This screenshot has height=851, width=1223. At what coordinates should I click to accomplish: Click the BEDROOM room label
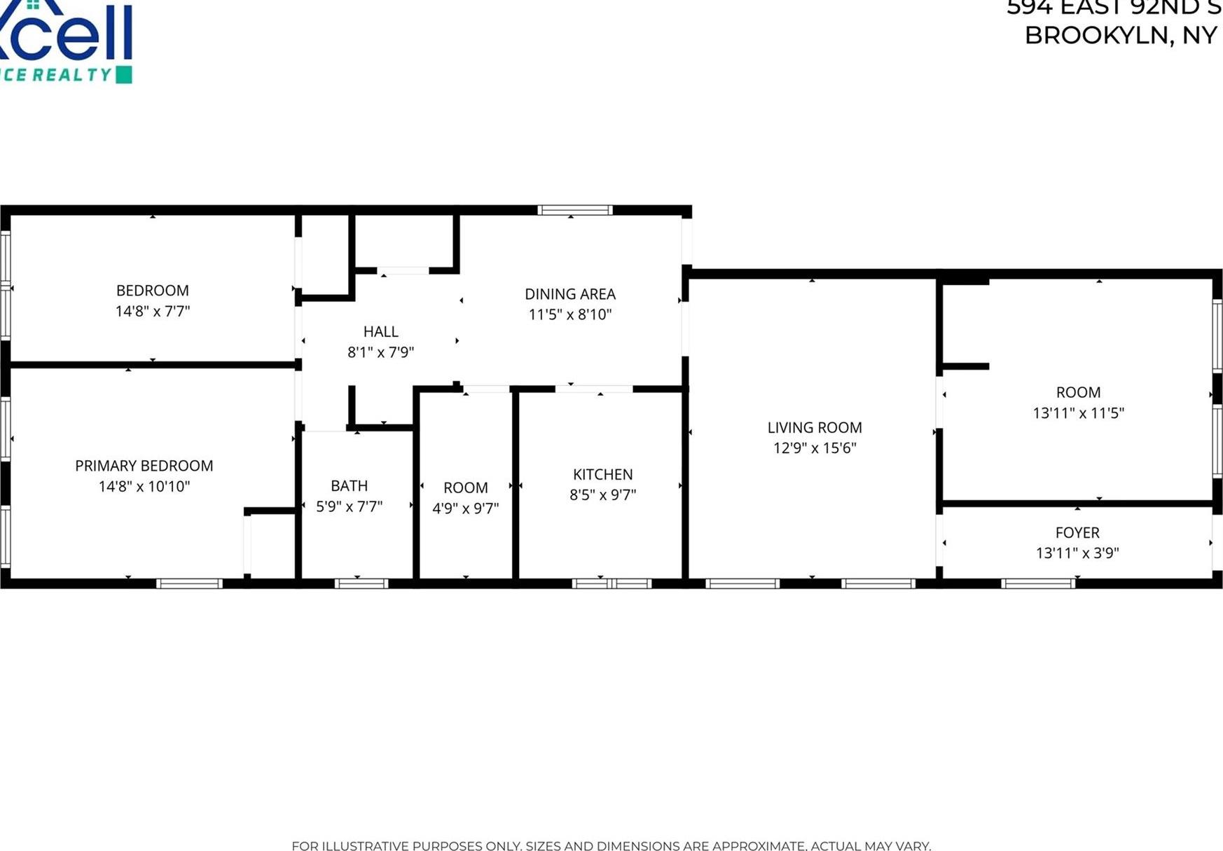pyautogui.click(x=152, y=290)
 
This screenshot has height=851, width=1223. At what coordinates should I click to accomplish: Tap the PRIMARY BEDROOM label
pyautogui.click(x=144, y=466)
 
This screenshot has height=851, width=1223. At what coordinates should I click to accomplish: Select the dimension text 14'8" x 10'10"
pyautogui.click(x=144, y=486)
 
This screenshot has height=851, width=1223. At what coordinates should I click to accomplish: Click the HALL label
pyautogui.click(x=380, y=331)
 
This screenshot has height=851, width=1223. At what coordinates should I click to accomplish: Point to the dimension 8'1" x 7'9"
pyautogui.click(x=380, y=352)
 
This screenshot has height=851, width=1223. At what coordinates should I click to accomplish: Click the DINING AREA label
pyautogui.click(x=569, y=294)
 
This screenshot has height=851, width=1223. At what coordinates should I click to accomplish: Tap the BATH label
pyautogui.click(x=349, y=485)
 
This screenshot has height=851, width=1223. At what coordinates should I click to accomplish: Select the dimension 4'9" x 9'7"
pyautogui.click(x=465, y=508)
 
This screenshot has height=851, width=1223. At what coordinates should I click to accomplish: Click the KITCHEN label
pyautogui.click(x=602, y=474)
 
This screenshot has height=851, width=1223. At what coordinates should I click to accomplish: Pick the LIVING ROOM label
pyautogui.click(x=814, y=427)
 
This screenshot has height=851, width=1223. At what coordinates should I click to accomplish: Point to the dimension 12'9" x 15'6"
pyautogui.click(x=814, y=448)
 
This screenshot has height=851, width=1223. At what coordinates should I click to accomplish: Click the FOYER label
pyautogui.click(x=1077, y=532)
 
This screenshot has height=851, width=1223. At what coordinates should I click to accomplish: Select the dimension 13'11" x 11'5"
pyautogui.click(x=1077, y=413)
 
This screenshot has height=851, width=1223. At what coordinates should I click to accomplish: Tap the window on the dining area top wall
pyautogui.click(x=575, y=210)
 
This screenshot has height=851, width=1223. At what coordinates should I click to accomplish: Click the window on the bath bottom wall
pyautogui.click(x=361, y=583)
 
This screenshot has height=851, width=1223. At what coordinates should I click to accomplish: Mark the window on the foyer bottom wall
pyautogui.click(x=1037, y=583)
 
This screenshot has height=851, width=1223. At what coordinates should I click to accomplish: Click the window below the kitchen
pyautogui.click(x=611, y=583)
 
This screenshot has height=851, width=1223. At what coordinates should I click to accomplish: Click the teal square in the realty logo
pyautogui.click(x=123, y=75)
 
